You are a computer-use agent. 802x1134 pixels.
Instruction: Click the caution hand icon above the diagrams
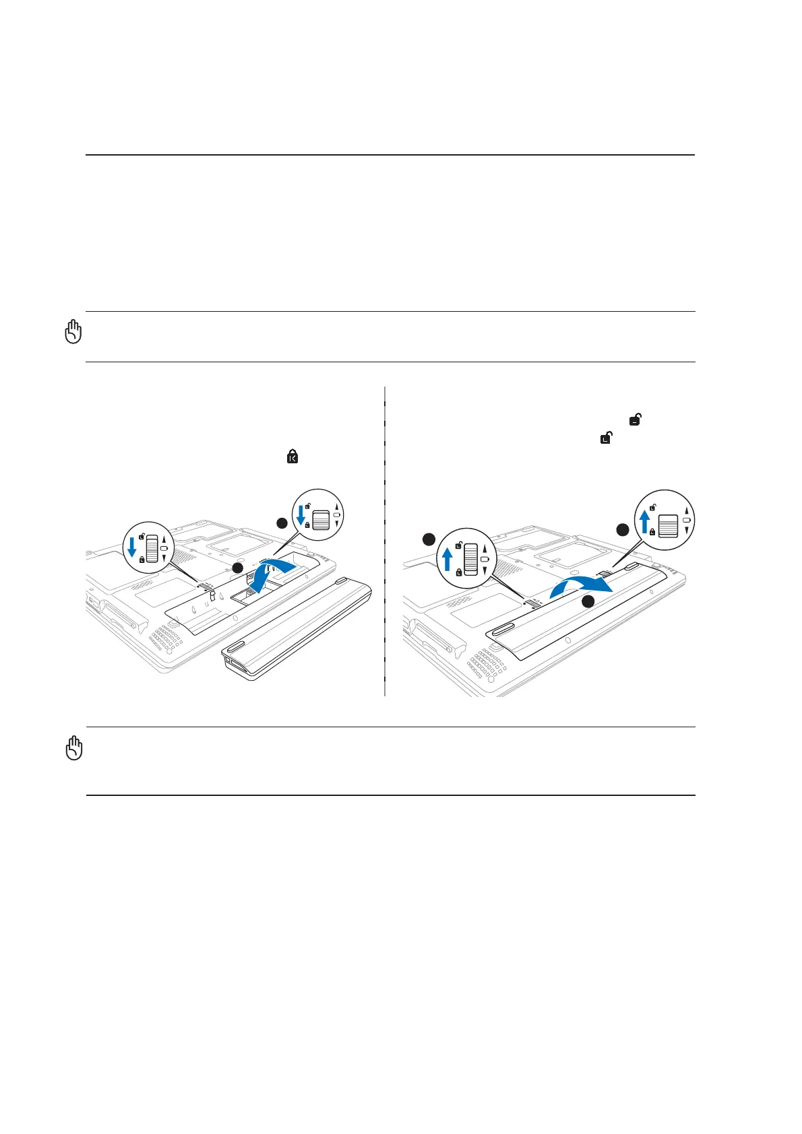point(73,332)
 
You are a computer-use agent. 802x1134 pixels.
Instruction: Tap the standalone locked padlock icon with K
point(292,457)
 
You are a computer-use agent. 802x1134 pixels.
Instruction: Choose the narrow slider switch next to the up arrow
point(470,557)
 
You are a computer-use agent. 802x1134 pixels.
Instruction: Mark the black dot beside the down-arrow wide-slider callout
point(282,523)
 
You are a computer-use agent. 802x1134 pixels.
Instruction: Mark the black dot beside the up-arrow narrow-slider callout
point(427,538)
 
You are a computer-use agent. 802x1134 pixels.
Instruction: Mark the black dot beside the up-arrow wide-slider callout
point(623,530)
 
